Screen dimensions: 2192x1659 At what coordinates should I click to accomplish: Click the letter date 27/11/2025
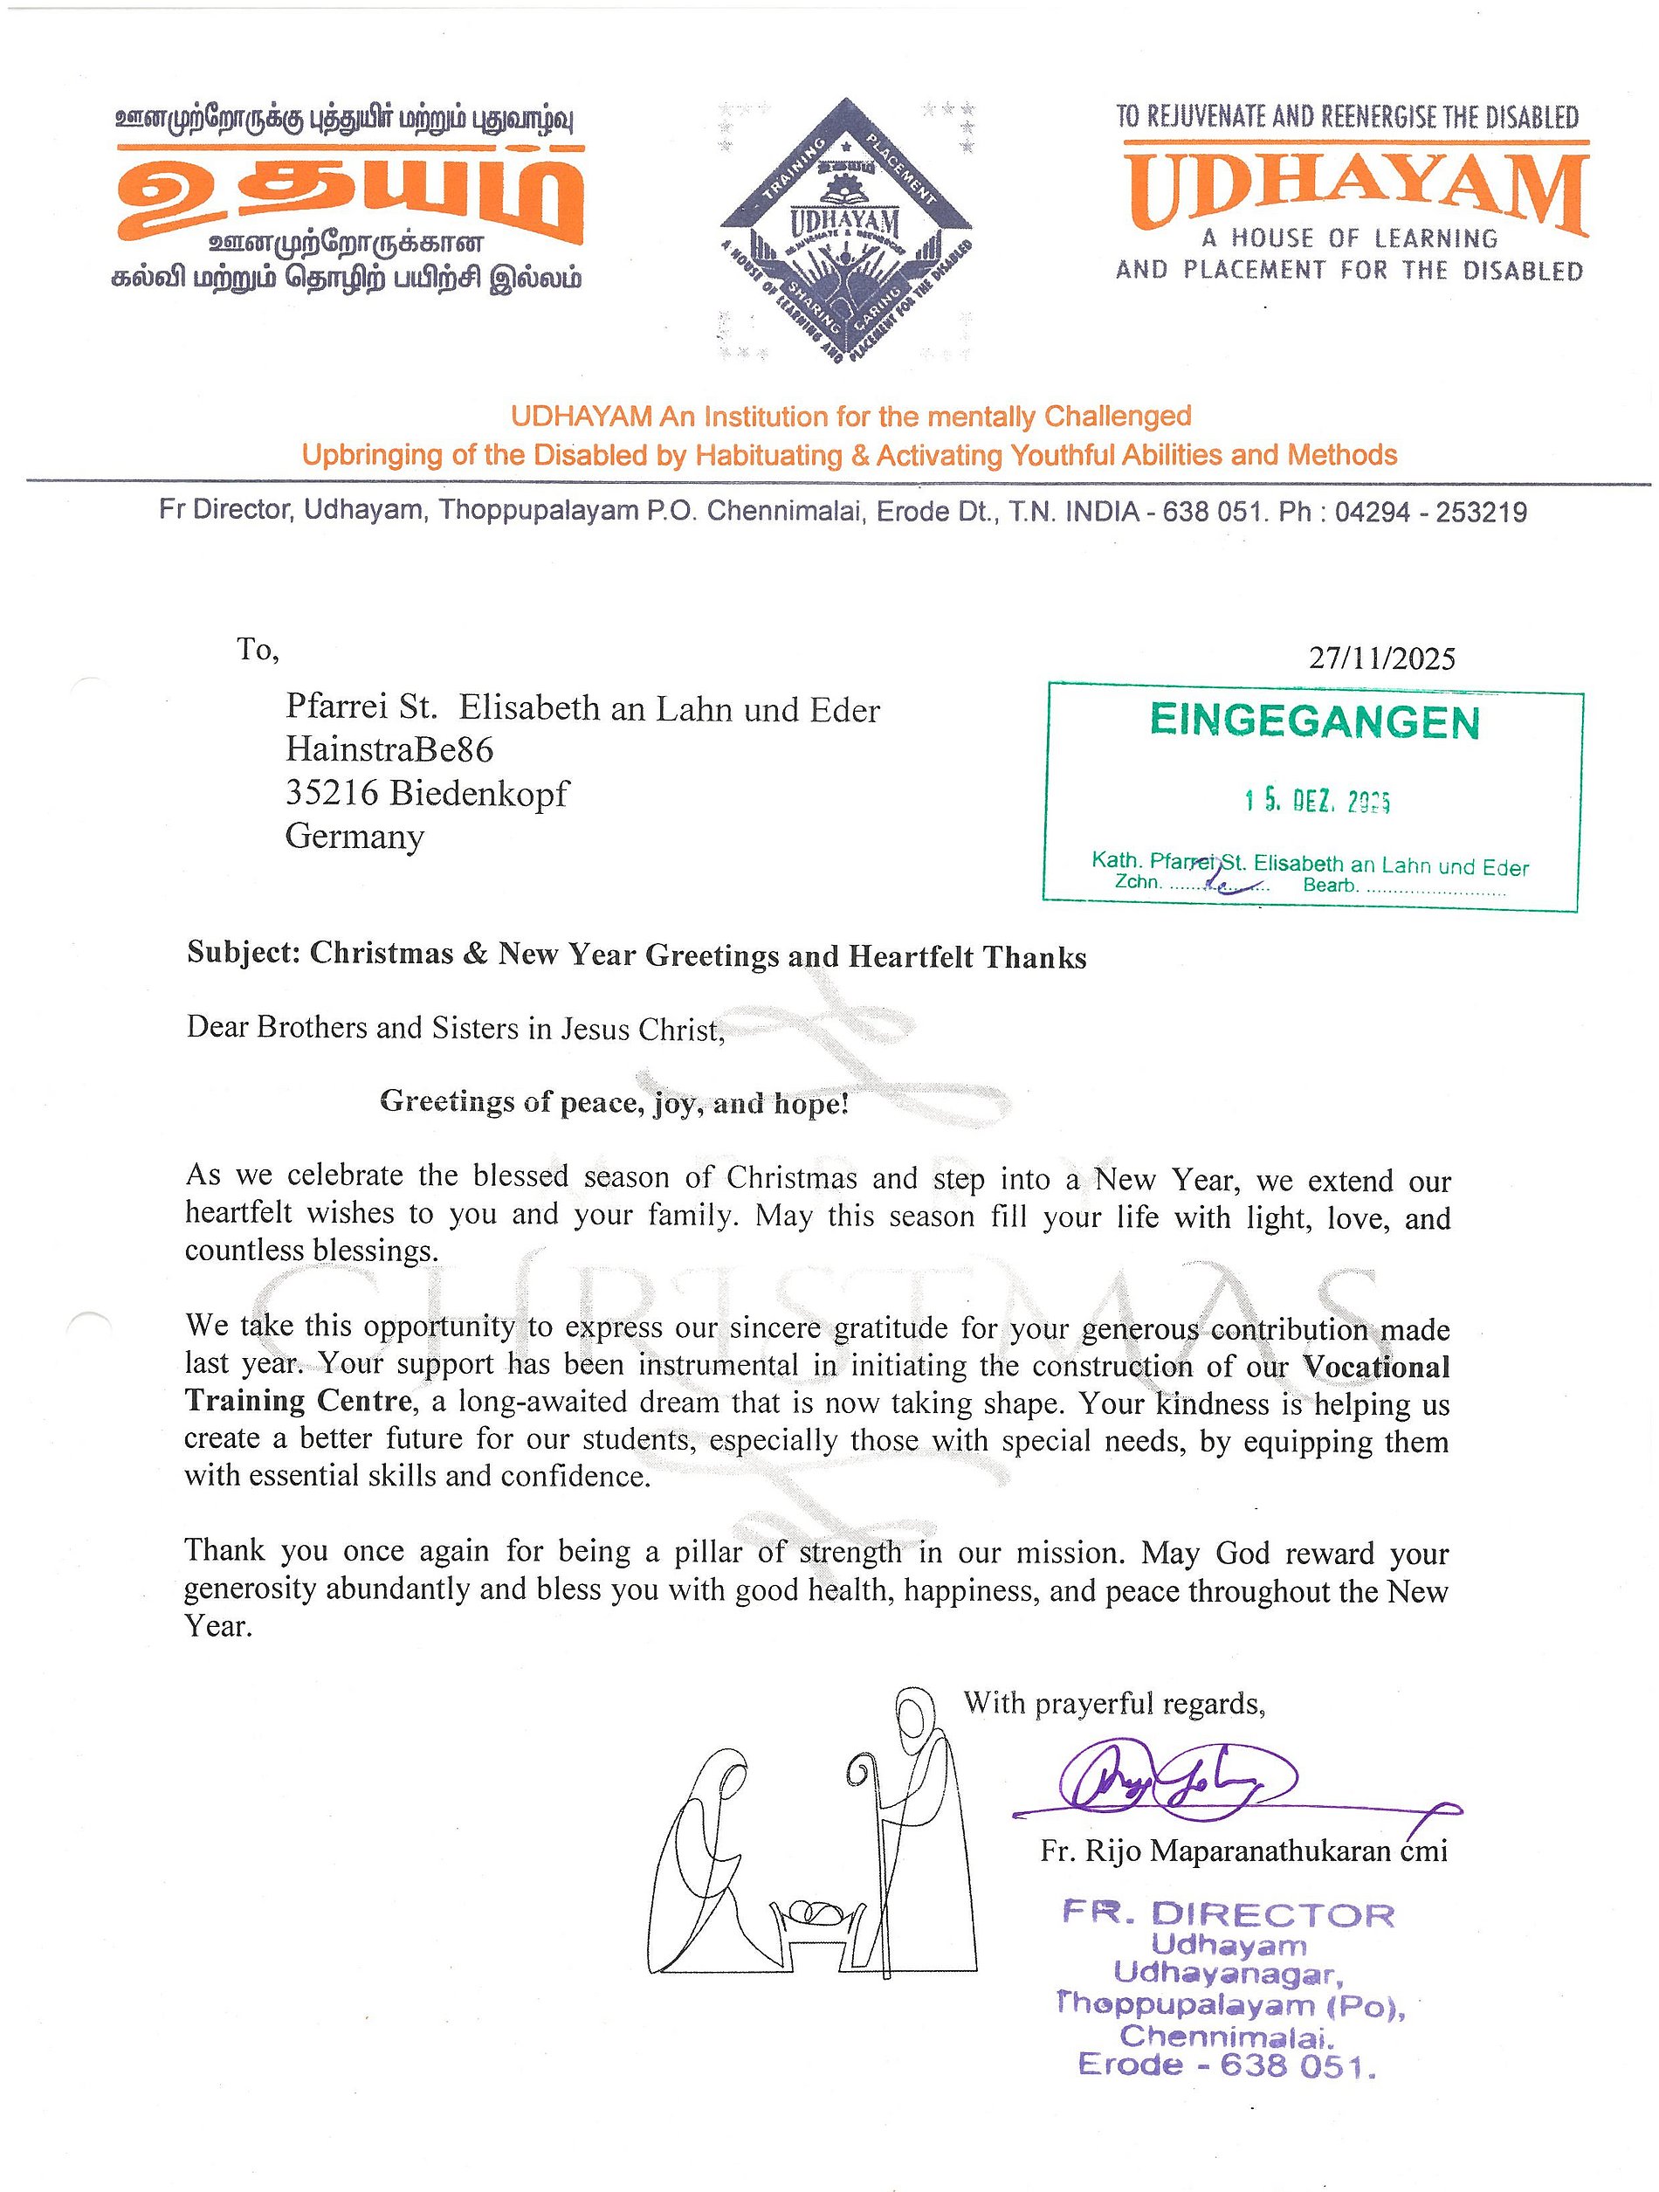pyautogui.click(x=1381, y=658)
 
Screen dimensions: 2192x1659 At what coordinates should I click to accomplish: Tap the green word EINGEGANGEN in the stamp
pyautogui.click(x=1314, y=722)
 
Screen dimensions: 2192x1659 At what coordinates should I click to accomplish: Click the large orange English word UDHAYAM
pyautogui.click(x=1355, y=190)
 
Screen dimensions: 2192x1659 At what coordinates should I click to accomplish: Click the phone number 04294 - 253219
pyautogui.click(x=1430, y=513)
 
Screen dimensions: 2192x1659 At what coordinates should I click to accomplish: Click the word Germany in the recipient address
pyautogui.click(x=354, y=837)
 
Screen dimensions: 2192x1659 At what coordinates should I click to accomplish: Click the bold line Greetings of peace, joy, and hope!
pyautogui.click(x=615, y=1103)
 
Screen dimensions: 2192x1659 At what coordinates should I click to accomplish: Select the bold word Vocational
pyautogui.click(x=1375, y=1367)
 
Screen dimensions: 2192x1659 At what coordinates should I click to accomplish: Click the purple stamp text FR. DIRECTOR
pyautogui.click(x=1228, y=1914)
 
